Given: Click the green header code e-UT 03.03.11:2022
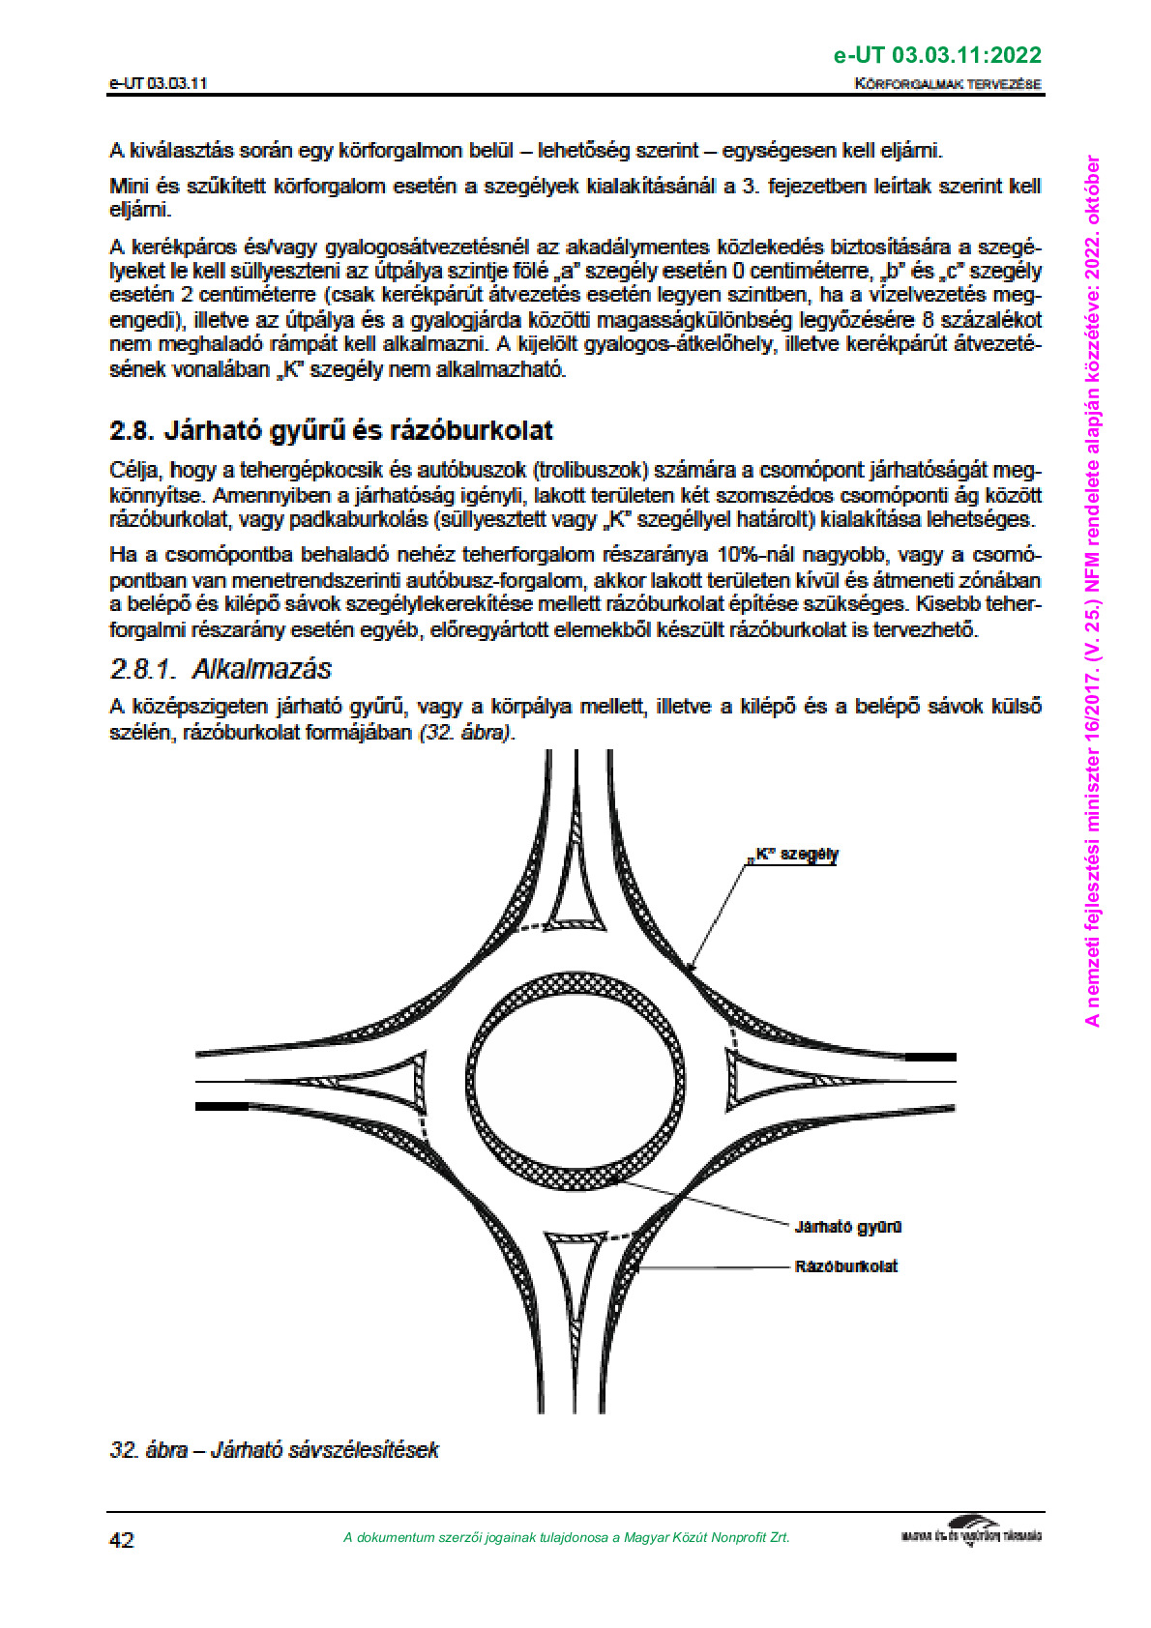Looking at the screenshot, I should coord(937,55).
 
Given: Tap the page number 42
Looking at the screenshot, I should coord(122,1539).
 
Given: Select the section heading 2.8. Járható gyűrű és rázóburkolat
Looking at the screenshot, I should coord(331,430).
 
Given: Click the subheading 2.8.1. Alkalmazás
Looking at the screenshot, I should coord(221,669).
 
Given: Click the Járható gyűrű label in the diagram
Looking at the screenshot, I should coord(847,1227).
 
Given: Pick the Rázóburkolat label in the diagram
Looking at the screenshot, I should coord(845,1265).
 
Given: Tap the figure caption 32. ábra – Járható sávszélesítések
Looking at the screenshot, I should coord(274,1449).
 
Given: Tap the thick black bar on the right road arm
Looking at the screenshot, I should coord(930,1058).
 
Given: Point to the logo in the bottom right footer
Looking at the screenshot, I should coord(971,1534).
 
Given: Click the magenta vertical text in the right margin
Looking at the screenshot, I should coord(1092,590).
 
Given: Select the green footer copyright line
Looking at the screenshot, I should coord(566,1537).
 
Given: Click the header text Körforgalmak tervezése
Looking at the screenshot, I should coord(948,83).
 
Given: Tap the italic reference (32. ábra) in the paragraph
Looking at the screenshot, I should coord(465,732).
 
